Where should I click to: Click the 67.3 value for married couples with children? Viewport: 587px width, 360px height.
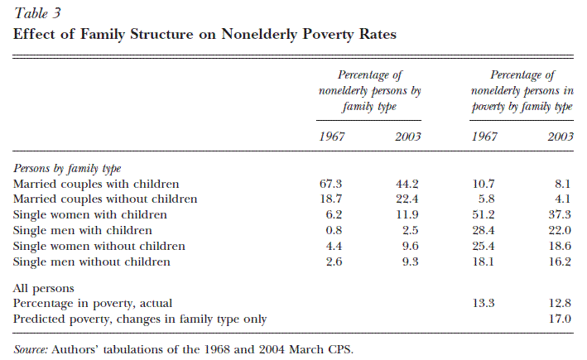point(330,184)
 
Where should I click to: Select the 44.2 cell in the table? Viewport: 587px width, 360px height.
point(407,184)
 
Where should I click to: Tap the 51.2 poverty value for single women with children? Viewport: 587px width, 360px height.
point(483,214)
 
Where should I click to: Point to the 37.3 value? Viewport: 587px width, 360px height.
point(560,214)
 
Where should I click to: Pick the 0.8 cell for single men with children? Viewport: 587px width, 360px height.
point(334,230)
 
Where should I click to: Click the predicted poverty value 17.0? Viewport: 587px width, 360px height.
point(560,319)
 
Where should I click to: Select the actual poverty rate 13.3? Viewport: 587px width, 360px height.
point(483,303)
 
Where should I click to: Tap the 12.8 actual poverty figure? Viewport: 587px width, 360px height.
point(560,303)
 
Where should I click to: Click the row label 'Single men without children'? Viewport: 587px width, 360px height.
point(92,262)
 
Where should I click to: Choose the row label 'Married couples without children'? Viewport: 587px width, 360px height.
point(105,199)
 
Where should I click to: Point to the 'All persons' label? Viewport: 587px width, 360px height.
point(43,288)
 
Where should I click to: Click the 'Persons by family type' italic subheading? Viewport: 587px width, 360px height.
point(67,168)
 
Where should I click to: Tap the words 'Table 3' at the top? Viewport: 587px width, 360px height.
point(37,13)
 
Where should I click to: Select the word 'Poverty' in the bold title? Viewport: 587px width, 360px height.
point(328,34)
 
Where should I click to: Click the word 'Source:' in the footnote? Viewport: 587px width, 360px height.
point(31,349)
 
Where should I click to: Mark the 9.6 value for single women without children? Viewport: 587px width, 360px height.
point(410,246)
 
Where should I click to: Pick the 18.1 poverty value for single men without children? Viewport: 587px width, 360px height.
point(483,262)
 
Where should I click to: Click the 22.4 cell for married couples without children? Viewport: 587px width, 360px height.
point(407,199)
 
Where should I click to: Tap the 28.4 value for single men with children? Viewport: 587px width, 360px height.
point(483,230)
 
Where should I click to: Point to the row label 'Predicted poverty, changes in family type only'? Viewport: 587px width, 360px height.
point(140,319)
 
